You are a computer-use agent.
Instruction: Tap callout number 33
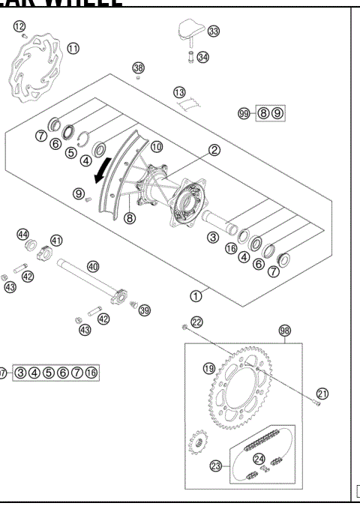pyautogui.click(x=214, y=31)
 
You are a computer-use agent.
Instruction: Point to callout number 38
pyautogui.click(x=138, y=68)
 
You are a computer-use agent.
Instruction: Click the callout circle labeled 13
pyautogui.click(x=178, y=91)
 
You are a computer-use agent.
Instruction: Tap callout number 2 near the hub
pyautogui.click(x=214, y=150)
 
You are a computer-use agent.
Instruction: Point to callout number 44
pyautogui.click(x=23, y=234)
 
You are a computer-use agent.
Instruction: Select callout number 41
pyautogui.click(x=56, y=241)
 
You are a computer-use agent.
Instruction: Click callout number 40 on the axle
pyautogui.click(x=93, y=265)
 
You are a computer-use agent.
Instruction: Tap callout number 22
pyautogui.click(x=196, y=322)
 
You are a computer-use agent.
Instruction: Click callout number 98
pyautogui.click(x=284, y=330)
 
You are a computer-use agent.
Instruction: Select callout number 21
pyautogui.click(x=322, y=392)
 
